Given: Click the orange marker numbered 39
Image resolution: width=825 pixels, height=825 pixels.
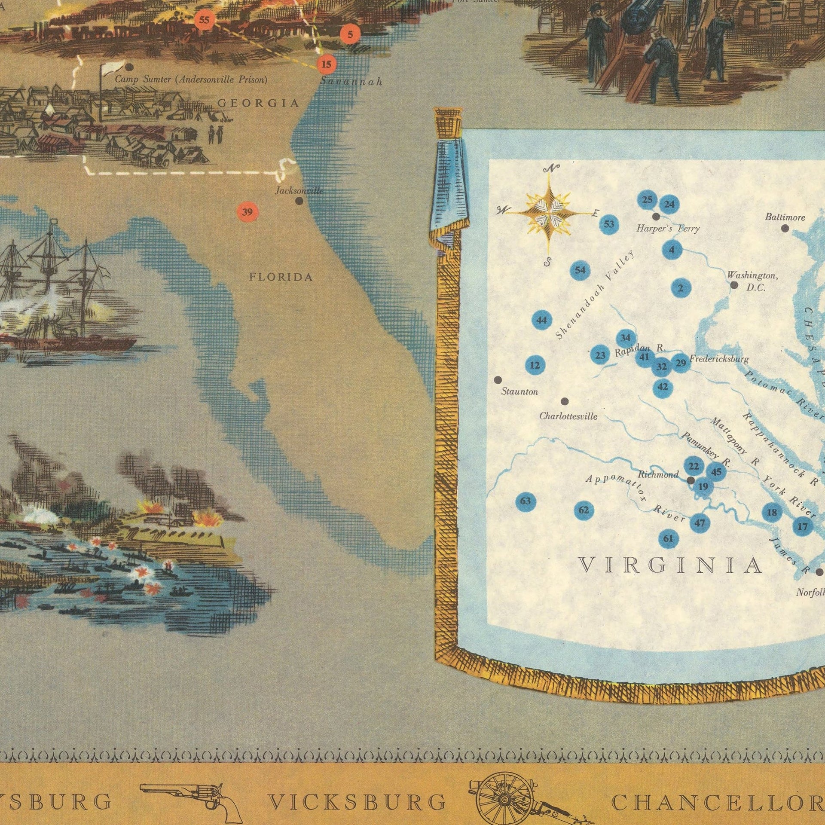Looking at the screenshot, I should [x=247, y=212].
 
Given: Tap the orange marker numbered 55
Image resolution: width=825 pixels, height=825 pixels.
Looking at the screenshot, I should [x=205, y=20].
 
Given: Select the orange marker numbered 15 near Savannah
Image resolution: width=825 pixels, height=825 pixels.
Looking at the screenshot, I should [x=327, y=65].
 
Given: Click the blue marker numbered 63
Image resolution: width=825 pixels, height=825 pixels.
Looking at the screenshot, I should [x=525, y=501].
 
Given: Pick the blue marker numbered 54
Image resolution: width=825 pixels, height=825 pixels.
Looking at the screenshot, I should [x=580, y=270].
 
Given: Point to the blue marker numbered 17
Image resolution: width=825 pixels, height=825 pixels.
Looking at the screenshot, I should [x=802, y=526].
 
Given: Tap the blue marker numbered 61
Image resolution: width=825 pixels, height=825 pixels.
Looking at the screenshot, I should [x=668, y=538].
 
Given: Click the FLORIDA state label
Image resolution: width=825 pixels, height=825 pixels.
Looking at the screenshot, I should [x=281, y=278].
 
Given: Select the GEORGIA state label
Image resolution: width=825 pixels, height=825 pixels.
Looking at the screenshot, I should [x=258, y=103].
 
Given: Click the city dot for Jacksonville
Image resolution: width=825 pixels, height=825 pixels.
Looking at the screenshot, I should [x=299, y=201].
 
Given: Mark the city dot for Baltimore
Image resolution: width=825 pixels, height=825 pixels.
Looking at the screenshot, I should [x=785, y=228].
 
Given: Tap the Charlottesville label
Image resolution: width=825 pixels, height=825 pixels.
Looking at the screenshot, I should [x=568, y=416].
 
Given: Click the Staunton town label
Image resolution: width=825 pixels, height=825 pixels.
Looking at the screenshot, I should [x=519, y=392].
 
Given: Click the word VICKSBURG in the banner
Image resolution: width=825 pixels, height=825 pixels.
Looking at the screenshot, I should [x=357, y=802].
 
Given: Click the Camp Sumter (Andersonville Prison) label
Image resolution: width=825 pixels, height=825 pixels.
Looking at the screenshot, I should [x=191, y=79].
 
